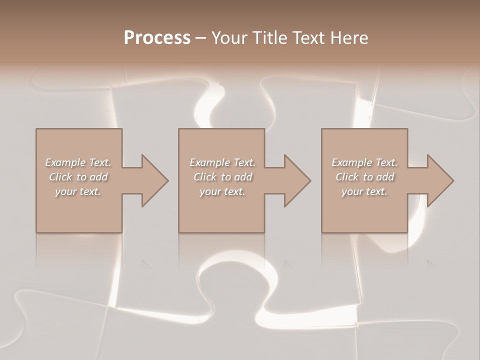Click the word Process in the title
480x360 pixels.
point(157,38)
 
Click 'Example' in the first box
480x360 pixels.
point(65,162)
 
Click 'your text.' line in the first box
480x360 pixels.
point(78,191)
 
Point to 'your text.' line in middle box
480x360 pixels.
point(222,191)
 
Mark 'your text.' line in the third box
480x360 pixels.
point(364,191)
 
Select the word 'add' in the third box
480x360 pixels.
point(385,177)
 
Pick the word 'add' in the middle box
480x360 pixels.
point(243,177)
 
